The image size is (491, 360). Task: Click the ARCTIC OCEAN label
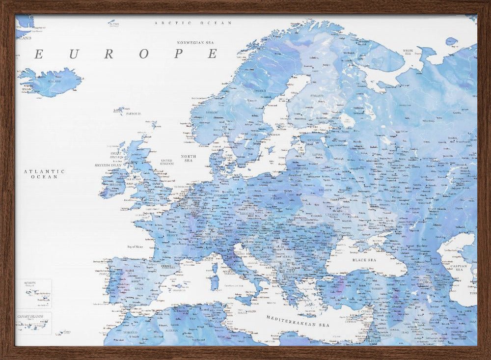(x=193, y=23)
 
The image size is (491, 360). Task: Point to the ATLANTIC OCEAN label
(x=44, y=174)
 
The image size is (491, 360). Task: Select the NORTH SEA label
(x=189, y=158)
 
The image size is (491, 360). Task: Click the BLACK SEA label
(x=364, y=260)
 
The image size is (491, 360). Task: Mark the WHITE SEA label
(x=408, y=52)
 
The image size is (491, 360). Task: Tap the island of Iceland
(x=52, y=82)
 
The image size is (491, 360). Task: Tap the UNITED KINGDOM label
(x=167, y=162)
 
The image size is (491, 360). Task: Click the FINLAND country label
(x=317, y=96)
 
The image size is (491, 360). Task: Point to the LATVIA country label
(x=317, y=155)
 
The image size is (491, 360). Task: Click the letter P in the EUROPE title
(x=179, y=54)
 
